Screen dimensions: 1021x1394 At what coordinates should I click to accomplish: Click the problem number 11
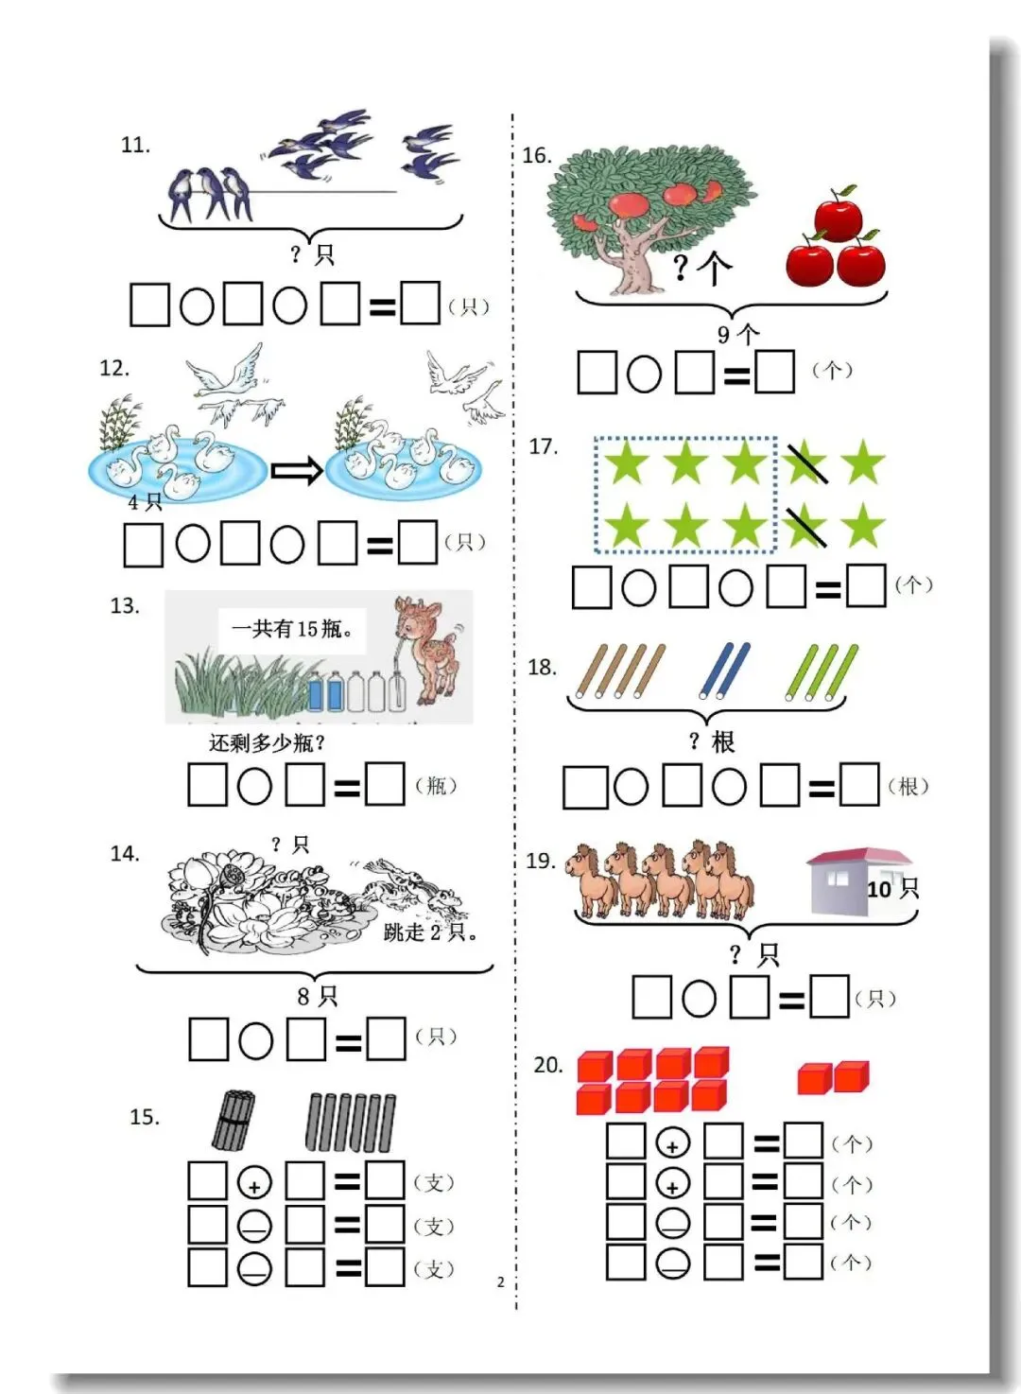135,145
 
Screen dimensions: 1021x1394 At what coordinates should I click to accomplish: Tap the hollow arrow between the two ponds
297,471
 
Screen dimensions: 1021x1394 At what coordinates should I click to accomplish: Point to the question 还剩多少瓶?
267,743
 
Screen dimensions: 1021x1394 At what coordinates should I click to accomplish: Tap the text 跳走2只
431,932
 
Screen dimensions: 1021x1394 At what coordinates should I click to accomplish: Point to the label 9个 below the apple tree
738,334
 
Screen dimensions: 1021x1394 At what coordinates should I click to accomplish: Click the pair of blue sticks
724,671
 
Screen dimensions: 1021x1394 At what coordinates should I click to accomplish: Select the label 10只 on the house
892,889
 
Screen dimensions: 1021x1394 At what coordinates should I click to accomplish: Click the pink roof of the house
860,857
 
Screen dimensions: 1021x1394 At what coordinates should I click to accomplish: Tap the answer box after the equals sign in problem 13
385,784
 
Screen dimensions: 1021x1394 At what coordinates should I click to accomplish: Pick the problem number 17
544,446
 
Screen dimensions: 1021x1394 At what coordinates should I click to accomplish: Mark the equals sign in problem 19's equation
791,1000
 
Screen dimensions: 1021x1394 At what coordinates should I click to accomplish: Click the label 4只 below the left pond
145,501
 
